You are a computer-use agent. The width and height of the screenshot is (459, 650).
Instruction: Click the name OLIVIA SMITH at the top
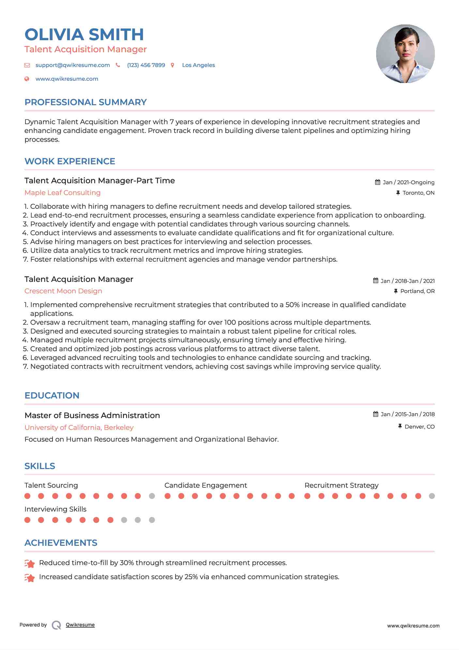[x=84, y=35]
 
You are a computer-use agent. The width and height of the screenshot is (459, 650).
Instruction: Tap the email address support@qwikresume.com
[x=72, y=65]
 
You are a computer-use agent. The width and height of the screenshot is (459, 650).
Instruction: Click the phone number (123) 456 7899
[x=146, y=65]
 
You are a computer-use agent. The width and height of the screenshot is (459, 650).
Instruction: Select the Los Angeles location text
[x=198, y=65]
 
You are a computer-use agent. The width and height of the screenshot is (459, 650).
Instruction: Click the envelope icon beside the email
[x=27, y=65]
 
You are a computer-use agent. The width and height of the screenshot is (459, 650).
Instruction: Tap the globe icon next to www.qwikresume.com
[x=27, y=79]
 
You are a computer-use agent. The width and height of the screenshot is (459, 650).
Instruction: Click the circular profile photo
[x=405, y=54]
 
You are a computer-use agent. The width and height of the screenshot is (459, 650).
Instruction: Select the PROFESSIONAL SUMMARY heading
[x=85, y=102]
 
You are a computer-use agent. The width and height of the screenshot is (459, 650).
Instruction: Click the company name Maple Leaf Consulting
[x=62, y=193]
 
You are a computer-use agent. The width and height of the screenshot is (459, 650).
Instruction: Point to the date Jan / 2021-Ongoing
[x=408, y=182]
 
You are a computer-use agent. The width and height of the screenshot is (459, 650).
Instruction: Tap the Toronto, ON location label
[x=418, y=193]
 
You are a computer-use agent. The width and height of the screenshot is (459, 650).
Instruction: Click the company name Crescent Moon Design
[x=63, y=291]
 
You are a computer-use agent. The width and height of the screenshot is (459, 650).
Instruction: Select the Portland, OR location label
[x=417, y=291]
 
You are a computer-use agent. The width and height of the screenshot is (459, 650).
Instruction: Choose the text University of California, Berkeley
[x=79, y=428]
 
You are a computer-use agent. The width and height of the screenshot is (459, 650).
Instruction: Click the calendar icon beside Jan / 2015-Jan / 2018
[x=376, y=414]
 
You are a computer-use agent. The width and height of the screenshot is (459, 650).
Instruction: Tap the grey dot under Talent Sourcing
[x=152, y=496]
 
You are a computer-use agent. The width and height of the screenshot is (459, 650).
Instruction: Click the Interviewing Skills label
[x=55, y=509]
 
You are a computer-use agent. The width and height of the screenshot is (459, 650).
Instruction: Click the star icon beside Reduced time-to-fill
[x=30, y=563]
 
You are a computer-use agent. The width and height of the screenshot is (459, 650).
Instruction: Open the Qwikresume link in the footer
[x=80, y=625]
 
